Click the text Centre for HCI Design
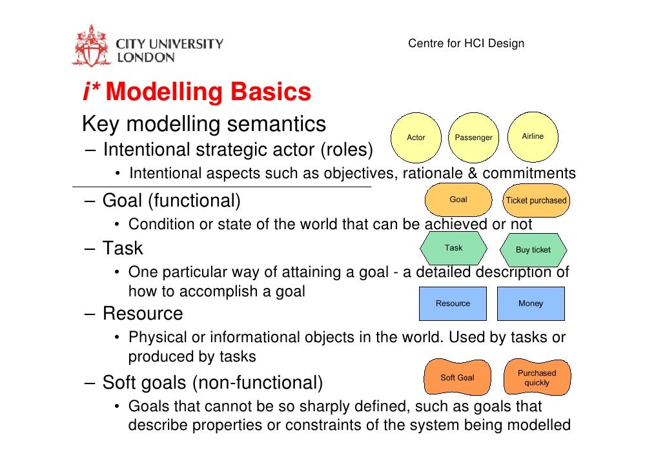point(466,44)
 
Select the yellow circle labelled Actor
point(416,138)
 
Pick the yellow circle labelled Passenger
point(473,138)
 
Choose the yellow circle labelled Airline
point(533,137)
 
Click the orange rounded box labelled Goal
point(458,200)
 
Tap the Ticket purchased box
point(536,201)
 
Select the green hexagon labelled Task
point(453,249)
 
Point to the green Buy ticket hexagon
point(533,250)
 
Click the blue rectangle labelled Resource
point(453,303)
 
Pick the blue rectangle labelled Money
point(531,303)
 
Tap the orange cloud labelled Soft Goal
point(457,378)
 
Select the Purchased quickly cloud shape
point(537,378)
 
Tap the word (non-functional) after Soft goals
point(256,383)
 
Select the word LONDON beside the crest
point(145,57)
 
